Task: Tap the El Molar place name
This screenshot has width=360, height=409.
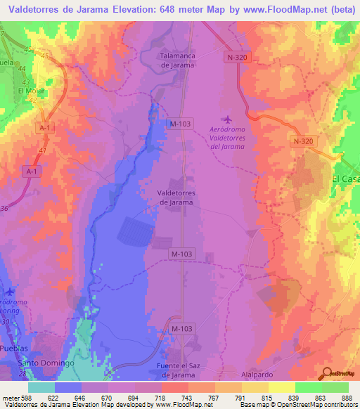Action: [31, 91]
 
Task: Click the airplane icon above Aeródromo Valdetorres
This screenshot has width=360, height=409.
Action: [225, 119]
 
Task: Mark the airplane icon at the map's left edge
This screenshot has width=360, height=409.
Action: [9, 292]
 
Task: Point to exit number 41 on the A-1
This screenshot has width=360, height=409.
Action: [44, 150]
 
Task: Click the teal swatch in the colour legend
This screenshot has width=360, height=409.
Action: [41, 387]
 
